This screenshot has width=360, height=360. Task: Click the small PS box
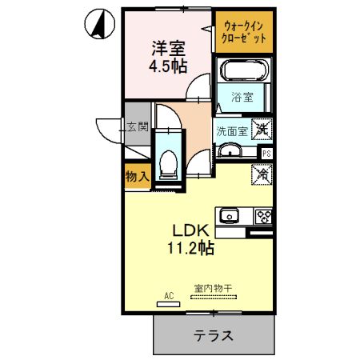[266, 152]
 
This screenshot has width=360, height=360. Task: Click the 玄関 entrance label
[137, 126]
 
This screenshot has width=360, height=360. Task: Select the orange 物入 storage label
[136, 177]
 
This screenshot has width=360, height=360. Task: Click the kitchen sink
[231, 215]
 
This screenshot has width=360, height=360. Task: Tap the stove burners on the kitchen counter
[263, 215]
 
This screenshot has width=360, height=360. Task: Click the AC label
[169, 295]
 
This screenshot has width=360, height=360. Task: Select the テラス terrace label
[212, 335]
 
